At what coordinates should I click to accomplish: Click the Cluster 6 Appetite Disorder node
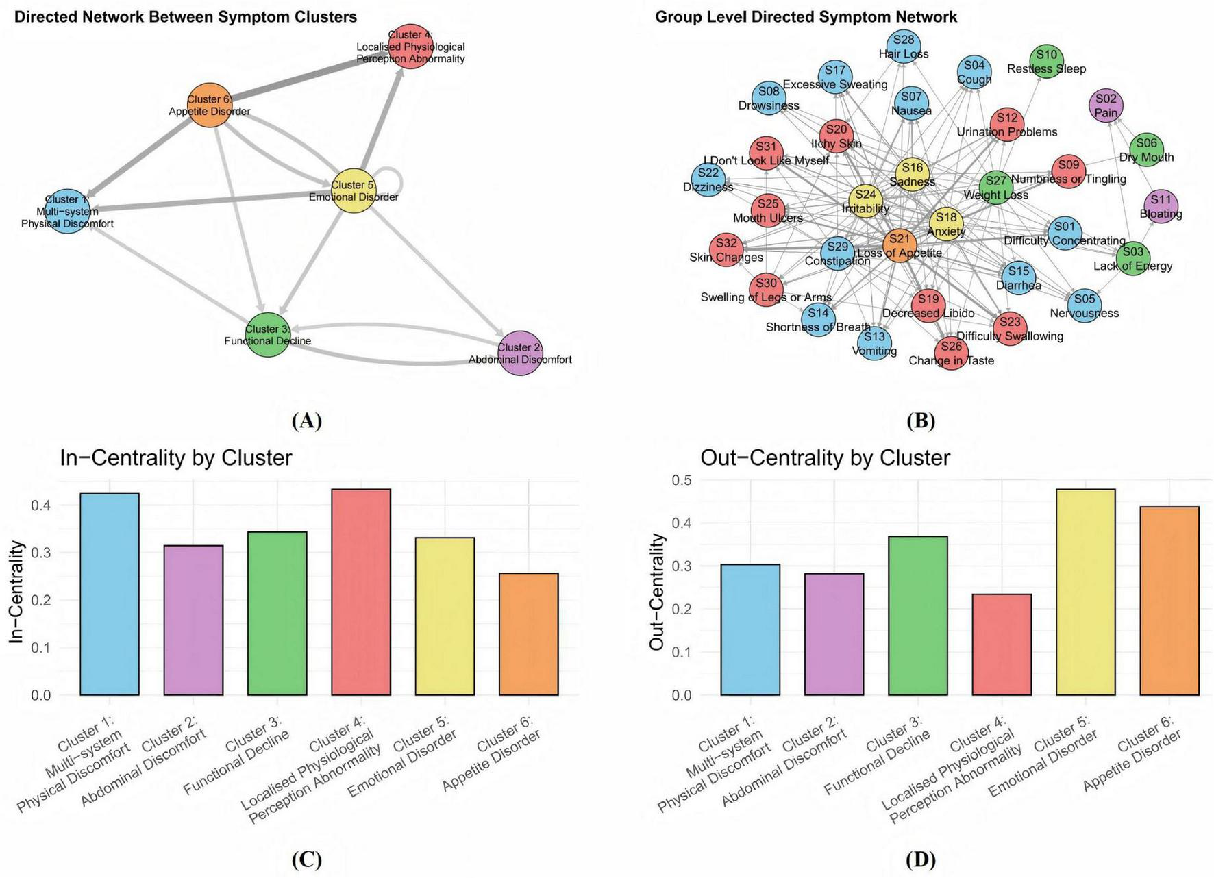click(x=210, y=105)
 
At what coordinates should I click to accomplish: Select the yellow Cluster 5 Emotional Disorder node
click(x=354, y=190)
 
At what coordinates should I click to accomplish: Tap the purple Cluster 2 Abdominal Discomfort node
click(x=521, y=353)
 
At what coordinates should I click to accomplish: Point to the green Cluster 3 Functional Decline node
click(x=268, y=335)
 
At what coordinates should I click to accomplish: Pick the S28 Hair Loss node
click(x=904, y=47)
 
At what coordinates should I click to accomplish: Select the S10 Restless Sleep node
click(x=1046, y=61)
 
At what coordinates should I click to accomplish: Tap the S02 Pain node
click(x=1106, y=105)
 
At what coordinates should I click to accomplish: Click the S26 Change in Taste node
click(x=951, y=353)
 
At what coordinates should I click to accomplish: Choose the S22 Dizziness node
click(x=708, y=180)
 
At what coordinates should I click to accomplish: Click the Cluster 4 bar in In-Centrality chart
click(x=361, y=592)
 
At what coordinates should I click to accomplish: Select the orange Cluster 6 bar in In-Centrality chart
click(x=528, y=634)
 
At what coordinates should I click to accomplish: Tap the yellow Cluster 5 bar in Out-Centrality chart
click(x=1085, y=592)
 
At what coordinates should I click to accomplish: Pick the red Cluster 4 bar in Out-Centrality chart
click(x=1002, y=644)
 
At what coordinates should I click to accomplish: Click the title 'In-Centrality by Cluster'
click(x=176, y=457)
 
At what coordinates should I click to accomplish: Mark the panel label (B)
click(x=920, y=421)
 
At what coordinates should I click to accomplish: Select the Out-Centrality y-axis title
click(x=657, y=592)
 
